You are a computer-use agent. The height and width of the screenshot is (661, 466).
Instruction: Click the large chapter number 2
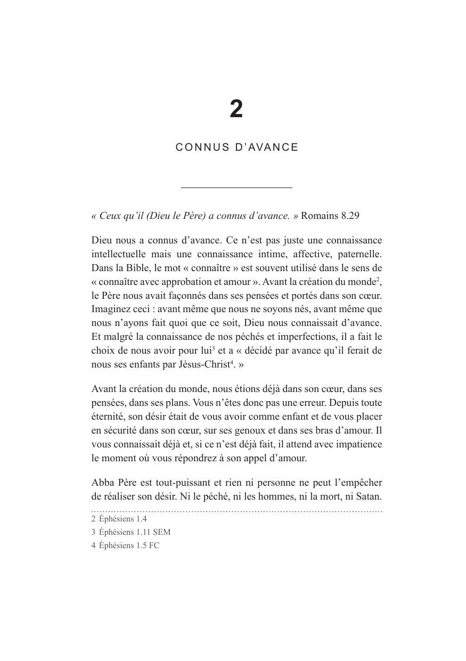[236, 109]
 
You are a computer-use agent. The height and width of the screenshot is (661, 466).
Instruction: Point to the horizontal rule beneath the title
[236, 187]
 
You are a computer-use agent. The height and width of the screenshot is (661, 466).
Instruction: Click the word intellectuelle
[124, 254]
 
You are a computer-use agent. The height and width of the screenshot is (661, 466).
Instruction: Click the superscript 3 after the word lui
[214, 348]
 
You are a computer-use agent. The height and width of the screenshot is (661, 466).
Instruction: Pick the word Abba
[102, 483]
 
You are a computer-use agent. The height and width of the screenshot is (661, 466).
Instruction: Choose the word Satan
[369, 496]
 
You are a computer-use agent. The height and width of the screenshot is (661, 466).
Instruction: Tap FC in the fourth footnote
[154, 545]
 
